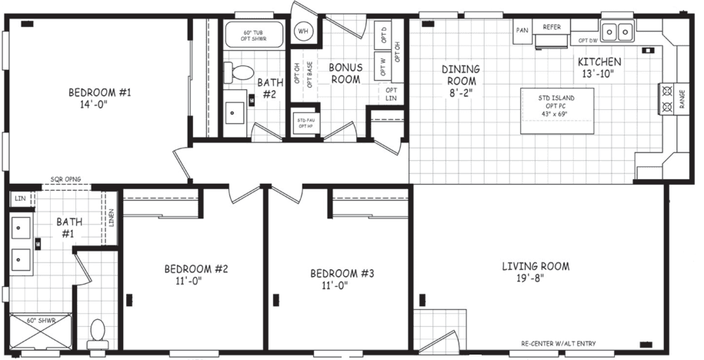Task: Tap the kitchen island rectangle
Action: point(557,111)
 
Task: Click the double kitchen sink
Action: point(617,32)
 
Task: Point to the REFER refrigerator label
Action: point(552,27)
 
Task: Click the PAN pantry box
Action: point(522,31)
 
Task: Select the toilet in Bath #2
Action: point(241,73)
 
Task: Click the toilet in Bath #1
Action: point(97,333)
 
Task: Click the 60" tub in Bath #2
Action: point(254,35)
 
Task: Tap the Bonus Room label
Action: point(345,73)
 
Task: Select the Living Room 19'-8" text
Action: point(536,273)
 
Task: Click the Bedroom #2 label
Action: point(196,275)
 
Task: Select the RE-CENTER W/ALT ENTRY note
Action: point(558,344)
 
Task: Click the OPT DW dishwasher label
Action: point(588,41)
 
